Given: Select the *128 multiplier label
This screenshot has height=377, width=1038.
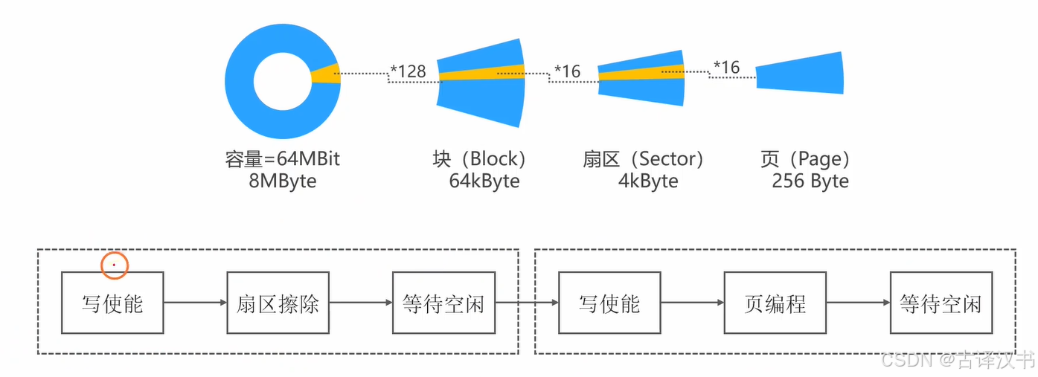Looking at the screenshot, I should point(409,71).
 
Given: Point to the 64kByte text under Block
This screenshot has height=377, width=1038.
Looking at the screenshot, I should point(484,181).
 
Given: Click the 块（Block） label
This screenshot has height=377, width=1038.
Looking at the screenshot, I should point(480,159).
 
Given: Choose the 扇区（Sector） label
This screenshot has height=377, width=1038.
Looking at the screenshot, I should point(644,159).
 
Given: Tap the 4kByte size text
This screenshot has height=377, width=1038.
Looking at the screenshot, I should point(648,181).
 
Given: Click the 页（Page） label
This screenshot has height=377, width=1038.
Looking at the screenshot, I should point(805,159).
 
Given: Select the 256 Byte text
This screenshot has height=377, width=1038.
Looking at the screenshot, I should point(810,181).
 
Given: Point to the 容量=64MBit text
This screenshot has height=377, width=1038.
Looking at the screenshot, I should point(283,159).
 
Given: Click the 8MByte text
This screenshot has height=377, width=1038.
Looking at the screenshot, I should point(283,181).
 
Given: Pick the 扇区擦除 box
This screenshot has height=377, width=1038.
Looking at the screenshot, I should point(278,303).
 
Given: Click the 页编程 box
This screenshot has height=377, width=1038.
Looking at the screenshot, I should point(775,303).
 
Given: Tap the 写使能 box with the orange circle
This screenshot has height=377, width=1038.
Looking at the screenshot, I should point(112,303).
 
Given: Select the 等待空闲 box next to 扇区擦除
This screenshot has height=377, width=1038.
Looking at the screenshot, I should point(443,303).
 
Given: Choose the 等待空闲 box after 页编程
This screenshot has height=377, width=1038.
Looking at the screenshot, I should point(941,303).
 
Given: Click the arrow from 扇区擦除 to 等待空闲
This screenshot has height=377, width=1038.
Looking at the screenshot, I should point(360,303).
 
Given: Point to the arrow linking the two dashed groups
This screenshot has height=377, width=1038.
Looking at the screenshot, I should point(526,303).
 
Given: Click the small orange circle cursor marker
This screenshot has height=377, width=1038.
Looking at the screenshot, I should point(114,265).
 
